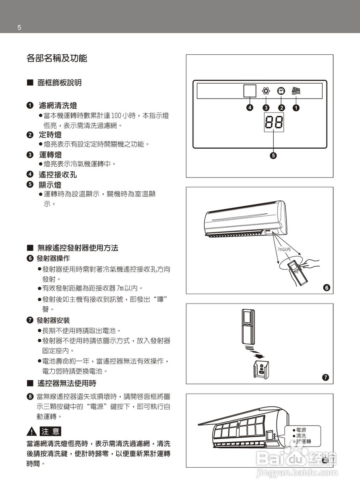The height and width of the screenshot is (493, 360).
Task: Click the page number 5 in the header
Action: click(19, 27)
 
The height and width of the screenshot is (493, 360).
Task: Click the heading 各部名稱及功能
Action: click(57, 59)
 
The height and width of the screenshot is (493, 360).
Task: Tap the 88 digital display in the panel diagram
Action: click(274, 122)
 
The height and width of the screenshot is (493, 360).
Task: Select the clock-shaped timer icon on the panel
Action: click(281, 91)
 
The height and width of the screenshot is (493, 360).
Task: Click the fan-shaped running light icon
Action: click(266, 91)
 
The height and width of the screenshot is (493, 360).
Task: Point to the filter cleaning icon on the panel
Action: click(296, 91)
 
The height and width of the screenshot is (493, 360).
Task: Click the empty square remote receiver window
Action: click(250, 91)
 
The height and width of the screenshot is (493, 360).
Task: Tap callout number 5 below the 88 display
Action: click(273, 156)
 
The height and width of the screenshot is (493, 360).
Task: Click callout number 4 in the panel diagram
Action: click(250, 108)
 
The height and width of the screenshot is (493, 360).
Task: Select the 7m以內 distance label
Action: click(284, 250)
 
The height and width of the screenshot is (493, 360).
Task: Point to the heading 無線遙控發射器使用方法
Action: click(78, 248)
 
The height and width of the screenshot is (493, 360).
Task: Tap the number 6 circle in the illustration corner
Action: click(326, 288)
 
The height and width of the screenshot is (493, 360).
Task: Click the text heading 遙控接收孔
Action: click(58, 174)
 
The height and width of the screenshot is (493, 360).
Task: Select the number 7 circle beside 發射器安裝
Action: click(30, 320)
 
